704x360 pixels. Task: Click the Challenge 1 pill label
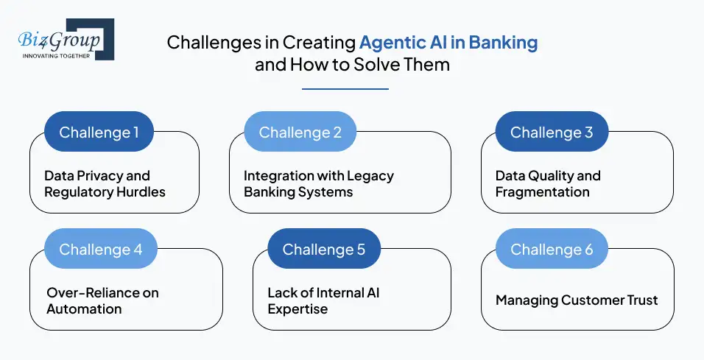tap(99, 133)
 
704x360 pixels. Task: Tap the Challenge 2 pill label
tap(300, 133)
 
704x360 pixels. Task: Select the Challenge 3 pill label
tap(552, 133)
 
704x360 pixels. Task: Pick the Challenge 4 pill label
tap(101, 250)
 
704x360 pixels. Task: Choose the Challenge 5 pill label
tap(324, 250)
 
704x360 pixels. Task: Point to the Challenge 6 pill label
tap(552, 250)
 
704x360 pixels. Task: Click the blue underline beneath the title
tap(345, 89)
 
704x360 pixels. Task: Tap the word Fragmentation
tap(543, 192)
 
